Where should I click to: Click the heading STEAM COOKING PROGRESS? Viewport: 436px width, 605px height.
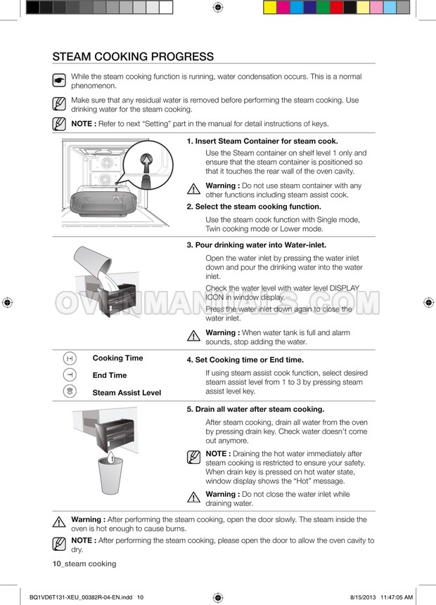pyautogui.click(x=133, y=56)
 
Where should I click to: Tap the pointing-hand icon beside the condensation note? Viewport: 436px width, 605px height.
pyautogui.click(x=59, y=80)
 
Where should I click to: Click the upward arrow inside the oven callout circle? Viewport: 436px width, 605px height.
pyautogui.click(x=146, y=162)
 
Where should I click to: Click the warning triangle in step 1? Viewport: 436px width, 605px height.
pyautogui.click(x=193, y=189)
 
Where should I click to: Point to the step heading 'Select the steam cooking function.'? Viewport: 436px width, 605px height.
pyautogui.click(x=254, y=207)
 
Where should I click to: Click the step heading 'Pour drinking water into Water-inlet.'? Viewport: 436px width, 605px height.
pyautogui.click(x=257, y=245)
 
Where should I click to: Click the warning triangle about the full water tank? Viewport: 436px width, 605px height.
pyautogui.click(x=193, y=336)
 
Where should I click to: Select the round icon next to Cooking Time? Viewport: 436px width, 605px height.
pyautogui.click(x=70, y=358)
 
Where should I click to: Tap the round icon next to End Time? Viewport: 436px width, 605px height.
pyautogui.click(x=70, y=375)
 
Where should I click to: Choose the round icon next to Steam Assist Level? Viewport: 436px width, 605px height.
pyautogui.click(x=70, y=391)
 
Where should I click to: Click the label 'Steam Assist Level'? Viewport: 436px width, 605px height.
pyautogui.click(x=127, y=393)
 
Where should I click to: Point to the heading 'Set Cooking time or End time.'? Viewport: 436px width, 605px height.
pyautogui.click(x=245, y=360)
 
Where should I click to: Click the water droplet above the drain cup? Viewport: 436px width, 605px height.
pyautogui.click(x=111, y=457)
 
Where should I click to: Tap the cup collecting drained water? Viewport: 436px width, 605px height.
pyautogui.click(x=110, y=475)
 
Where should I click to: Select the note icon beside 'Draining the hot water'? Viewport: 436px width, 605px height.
pyautogui.click(x=193, y=457)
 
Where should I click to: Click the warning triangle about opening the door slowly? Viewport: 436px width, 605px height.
pyautogui.click(x=59, y=522)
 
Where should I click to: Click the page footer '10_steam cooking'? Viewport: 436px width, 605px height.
pyautogui.click(x=84, y=564)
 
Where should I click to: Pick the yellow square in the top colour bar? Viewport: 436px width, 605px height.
pyautogui.click(x=270, y=7)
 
